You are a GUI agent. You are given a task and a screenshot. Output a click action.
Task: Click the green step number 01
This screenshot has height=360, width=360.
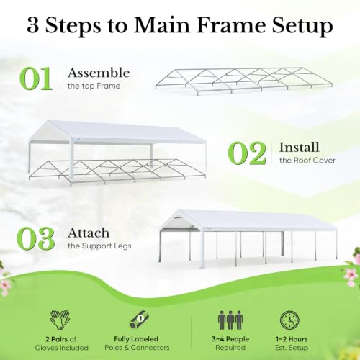click(x=36, y=78)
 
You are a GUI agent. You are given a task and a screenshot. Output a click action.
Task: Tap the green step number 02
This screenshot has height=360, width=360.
click(x=247, y=153)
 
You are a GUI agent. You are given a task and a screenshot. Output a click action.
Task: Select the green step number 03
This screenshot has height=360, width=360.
click(x=36, y=238)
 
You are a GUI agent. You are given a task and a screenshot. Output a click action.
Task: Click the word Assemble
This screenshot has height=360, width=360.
click(x=99, y=73)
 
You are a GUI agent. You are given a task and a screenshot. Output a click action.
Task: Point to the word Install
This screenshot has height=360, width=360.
click(x=300, y=147)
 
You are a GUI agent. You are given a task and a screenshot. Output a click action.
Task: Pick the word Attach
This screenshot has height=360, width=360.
click(x=89, y=233)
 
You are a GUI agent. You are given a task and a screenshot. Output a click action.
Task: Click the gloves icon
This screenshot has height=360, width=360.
click(x=60, y=320)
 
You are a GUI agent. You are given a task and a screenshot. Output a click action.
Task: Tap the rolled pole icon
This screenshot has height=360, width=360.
click(x=140, y=320)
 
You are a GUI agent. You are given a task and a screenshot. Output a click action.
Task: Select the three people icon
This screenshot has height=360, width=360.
click(x=230, y=320)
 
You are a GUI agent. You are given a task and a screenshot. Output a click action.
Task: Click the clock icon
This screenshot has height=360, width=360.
click(x=289, y=320)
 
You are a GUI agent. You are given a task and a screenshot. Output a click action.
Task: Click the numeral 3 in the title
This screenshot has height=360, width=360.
click(x=33, y=26)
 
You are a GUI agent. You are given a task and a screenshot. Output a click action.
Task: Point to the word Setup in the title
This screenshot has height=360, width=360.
click(x=302, y=27)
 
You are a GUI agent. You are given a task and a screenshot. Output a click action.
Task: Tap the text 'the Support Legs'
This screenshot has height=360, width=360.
click(x=99, y=246)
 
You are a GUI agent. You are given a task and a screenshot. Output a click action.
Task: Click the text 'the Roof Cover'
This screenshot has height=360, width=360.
click(x=307, y=160)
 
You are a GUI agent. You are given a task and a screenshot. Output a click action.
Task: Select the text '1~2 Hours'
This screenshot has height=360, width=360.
click(x=292, y=339)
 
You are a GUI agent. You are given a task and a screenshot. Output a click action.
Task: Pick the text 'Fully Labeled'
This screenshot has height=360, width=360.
click(x=136, y=339)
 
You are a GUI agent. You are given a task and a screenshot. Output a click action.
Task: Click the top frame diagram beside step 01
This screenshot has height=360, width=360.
click(x=244, y=81)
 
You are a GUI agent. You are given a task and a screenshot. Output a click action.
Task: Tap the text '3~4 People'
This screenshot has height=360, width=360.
click(x=230, y=339)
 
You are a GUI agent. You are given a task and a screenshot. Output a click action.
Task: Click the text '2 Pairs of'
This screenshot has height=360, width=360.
click(x=61, y=339)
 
